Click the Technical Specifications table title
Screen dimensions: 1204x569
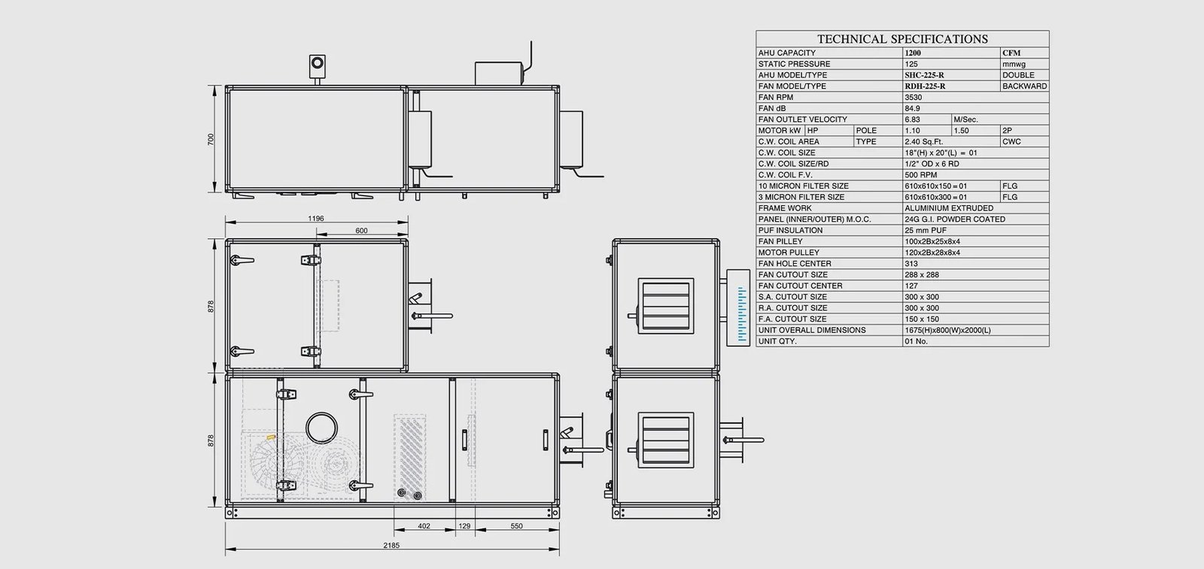click(x=902, y=39)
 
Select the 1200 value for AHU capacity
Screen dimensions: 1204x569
click(x=913, y=53)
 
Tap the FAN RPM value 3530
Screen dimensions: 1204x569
click(x=914, y=97)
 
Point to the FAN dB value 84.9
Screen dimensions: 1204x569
click(x=912, y=108)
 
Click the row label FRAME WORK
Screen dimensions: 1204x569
click(x=785, y=208)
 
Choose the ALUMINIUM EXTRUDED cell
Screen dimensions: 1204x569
click(x=949, y=208)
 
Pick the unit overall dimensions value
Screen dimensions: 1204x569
click(x=947, y=330)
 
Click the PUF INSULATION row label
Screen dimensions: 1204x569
click(x=790, y=230)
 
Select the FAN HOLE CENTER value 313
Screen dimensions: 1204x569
click(x=911, y=264)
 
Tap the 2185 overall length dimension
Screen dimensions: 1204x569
click(x=391, y=546)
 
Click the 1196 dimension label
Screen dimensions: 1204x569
click(x=316, y=219)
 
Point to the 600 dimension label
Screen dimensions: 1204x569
click(x=361, y=231)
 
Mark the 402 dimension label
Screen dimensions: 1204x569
click(x=424, y=526)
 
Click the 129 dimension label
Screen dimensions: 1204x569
click(x=464, y=526)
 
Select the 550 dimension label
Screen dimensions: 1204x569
click(x=516, y=526)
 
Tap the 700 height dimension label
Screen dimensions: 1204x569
click(x=211, y=139)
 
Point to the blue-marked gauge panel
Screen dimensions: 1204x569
click(x=738, y=307)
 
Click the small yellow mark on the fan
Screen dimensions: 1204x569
click(x=271, y=437)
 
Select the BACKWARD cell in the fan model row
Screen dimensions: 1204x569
click(x=1024, y=86)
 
